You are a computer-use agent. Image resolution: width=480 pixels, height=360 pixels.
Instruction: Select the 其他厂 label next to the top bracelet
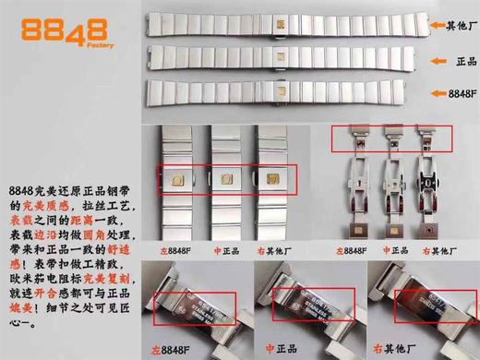coord(458,27)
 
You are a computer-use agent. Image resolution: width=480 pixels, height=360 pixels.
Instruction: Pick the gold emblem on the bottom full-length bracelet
coord(276,93)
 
